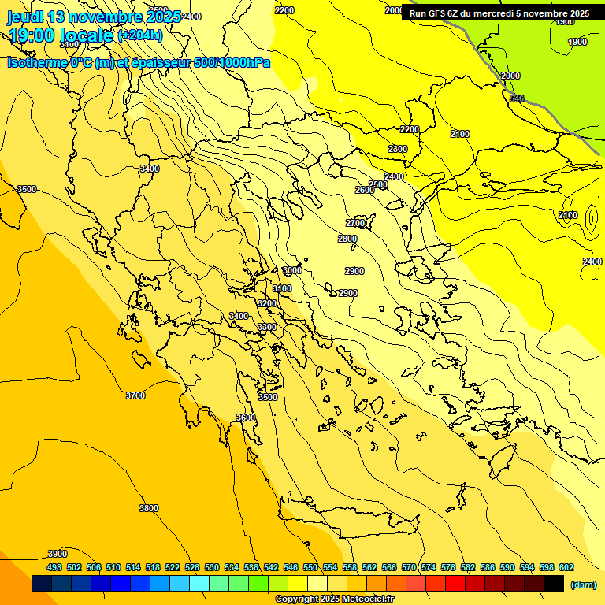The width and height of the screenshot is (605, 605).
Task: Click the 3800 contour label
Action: (x=148, y=508)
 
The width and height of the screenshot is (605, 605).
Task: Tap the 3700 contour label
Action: (x=135, y=395)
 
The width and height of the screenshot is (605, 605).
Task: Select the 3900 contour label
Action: (x=57, y=554)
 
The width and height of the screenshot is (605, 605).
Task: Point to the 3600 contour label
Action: (x=246, y=418)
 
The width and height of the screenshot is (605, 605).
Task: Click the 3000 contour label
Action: (x=292, y=270)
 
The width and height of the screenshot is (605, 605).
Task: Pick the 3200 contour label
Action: (x=267, y=303)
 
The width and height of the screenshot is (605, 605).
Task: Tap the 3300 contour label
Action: (x=267, y=327)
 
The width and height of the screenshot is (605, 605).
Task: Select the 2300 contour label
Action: (x=398, y=149)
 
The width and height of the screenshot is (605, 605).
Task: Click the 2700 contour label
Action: (x=355, y=223)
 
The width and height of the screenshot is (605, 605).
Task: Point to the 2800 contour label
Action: (x=347, y=239)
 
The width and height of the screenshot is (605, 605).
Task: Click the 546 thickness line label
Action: (x=517, y=98)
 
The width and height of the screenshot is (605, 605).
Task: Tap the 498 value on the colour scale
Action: (x=54, y=567)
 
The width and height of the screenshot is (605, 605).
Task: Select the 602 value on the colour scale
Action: (x=566, y=567)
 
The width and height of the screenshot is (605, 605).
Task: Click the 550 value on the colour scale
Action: (x=310, y=567)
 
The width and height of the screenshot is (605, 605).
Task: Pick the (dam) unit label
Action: (x=584, y=584)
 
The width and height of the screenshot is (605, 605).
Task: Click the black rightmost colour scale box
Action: (x=554, y=584)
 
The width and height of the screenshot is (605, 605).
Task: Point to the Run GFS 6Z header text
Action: (x=441, y=13)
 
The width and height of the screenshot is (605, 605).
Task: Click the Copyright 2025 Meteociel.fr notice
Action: (x=334, y=599)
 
